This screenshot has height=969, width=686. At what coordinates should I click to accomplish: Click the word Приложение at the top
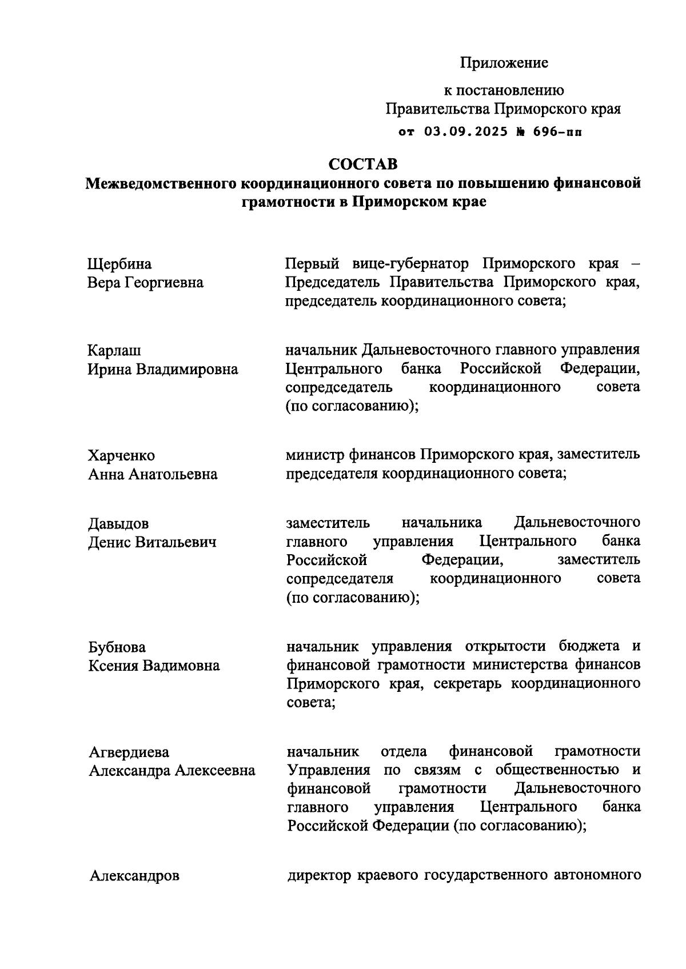[504, 63]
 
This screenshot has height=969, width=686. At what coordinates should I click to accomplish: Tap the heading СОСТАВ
[363, 165]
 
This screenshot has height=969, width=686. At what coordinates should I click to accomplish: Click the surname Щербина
[119, 265]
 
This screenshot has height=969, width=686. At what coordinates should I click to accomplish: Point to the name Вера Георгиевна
[145, 283]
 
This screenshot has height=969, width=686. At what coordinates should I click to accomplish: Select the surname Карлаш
[114, 350]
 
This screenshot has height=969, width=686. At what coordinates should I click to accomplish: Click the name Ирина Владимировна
[163, 369]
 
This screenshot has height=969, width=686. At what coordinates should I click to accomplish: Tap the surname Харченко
[121, 455]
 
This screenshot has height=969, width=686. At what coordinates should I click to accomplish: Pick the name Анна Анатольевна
[153, 474]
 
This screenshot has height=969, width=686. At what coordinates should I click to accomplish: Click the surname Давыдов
[118, 523]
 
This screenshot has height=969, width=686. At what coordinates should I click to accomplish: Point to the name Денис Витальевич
[152, 542]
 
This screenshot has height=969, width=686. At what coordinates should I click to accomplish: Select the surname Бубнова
[117, 647]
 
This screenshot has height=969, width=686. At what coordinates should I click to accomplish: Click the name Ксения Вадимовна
[154, 666]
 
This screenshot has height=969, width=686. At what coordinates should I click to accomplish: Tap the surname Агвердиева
[129, 752]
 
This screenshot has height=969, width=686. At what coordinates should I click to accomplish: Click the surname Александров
[134, 876]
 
